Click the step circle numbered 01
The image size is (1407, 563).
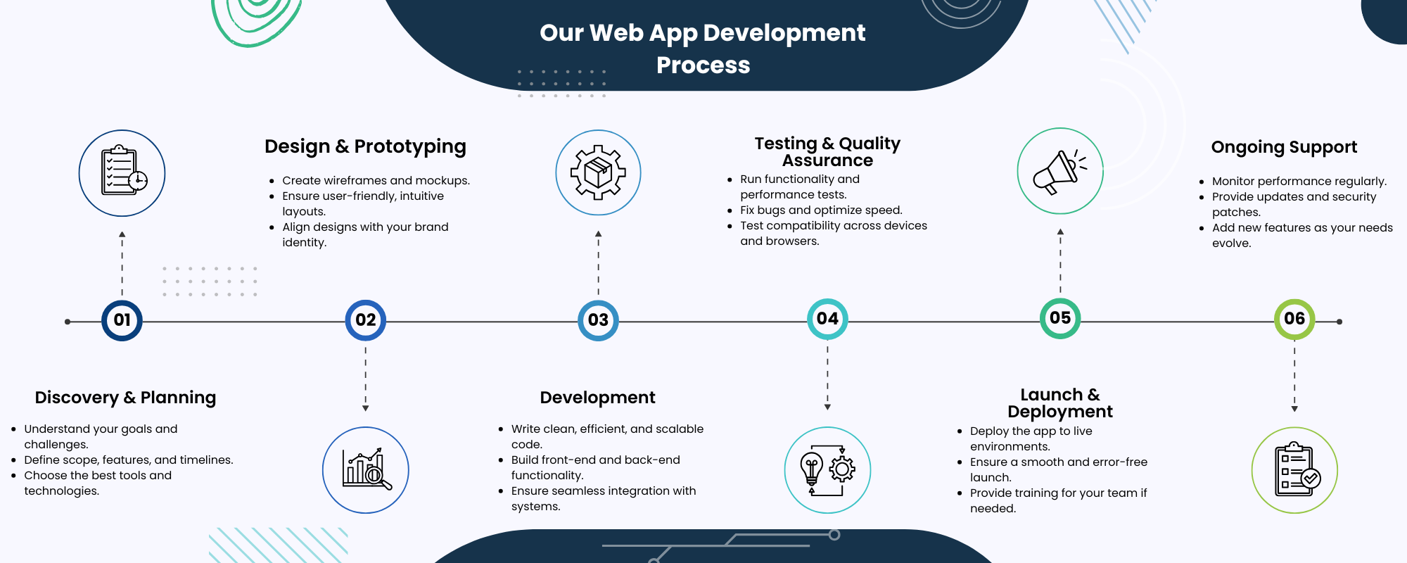coord(122,320)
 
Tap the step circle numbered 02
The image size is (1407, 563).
coord(365,320)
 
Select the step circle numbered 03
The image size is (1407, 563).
coord(598,320)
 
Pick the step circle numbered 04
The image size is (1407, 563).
coord(827,319)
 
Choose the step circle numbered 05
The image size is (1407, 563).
coord(1060,318)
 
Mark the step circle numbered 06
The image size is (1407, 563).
coord(1294,319)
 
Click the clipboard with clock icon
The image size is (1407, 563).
coord(122,173)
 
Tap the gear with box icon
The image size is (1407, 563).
coord(598,172)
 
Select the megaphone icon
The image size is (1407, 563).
coord(1060,171)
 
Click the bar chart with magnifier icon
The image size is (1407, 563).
coord(365,470)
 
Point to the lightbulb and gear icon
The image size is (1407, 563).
coord(827,470)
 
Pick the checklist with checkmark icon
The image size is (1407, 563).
coord(1294,470)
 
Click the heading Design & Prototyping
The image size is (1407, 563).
coord(365,146)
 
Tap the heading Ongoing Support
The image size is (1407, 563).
coord(1284,147)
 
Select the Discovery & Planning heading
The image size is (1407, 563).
coord(125,398)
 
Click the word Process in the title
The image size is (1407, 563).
coord(703,65)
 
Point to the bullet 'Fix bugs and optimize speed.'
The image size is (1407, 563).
coord(821,210)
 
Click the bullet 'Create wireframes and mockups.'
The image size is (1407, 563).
coord(376,180)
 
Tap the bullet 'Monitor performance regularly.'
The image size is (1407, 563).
coord(1299,181)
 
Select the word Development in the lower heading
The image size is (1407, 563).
coord(597,398)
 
